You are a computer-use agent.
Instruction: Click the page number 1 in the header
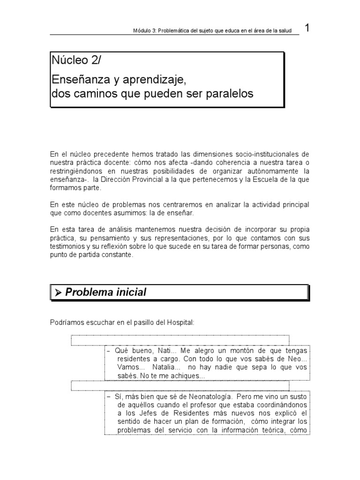click(x=307, y=28)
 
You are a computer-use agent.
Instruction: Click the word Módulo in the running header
click(x=143, y=31)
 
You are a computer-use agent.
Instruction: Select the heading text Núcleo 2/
click(x=75, y=60)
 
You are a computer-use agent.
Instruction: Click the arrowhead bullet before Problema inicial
click(x=58, y=292)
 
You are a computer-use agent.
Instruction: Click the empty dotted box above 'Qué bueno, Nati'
click(x=180, y=340)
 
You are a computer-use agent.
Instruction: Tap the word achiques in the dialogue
click(x=189, y=376)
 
